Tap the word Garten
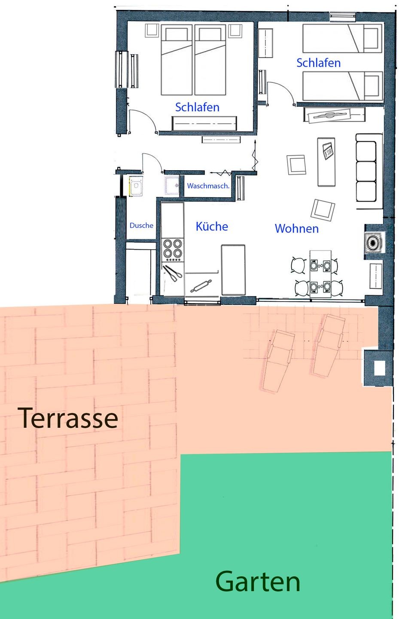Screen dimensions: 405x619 [x=257, y=581]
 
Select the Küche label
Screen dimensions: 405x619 [x=212, y=226]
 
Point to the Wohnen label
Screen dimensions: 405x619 [x=296, y=229]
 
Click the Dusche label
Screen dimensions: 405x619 [x=141, y=225]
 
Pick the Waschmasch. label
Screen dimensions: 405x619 [x=208, y=186]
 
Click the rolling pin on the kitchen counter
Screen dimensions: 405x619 [x=201, y=286]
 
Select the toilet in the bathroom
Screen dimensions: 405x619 [x=136, y=187]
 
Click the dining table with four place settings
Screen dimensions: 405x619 [x=320, y=274]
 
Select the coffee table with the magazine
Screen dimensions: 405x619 [x=326, y=162]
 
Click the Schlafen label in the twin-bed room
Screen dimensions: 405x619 [x=318, y=63]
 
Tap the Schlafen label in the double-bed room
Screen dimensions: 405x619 [x=197, y=107]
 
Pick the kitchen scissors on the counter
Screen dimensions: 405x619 [x=172, y=273]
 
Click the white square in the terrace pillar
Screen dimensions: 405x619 [x=379, y=368]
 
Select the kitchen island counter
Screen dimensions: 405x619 [x=233, y=270]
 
